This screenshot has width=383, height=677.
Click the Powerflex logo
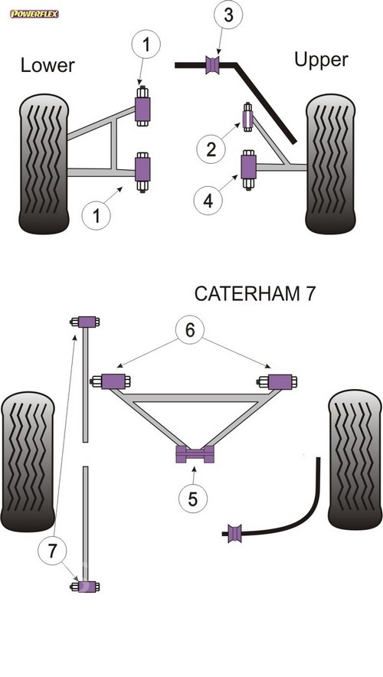[34, 14]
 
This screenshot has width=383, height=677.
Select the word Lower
[47, 65]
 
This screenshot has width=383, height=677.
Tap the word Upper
[321, 60]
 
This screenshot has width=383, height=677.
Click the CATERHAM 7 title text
[255, 293]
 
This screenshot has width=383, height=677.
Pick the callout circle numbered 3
[228, 15]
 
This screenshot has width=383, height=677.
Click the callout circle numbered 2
[211, 149]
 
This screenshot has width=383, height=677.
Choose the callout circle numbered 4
[208, 201]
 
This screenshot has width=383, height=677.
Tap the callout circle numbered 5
[192, 499]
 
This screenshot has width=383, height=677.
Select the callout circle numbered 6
[190, 330]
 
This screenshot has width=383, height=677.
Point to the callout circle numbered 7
[52, 551]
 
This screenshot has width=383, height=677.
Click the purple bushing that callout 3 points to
[212, 65]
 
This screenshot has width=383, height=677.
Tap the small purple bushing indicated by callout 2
[248, 117]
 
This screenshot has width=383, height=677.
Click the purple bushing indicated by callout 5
[195, 454]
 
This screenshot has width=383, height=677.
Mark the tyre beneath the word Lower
[44, 164]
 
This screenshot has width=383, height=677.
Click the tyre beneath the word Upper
[331, 164]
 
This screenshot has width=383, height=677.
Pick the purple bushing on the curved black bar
[235, 533]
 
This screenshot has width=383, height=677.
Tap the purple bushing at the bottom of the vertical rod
[87, 587]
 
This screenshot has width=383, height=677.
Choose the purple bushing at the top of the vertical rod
[87, 322]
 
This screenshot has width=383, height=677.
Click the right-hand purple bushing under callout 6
[280, 381]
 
